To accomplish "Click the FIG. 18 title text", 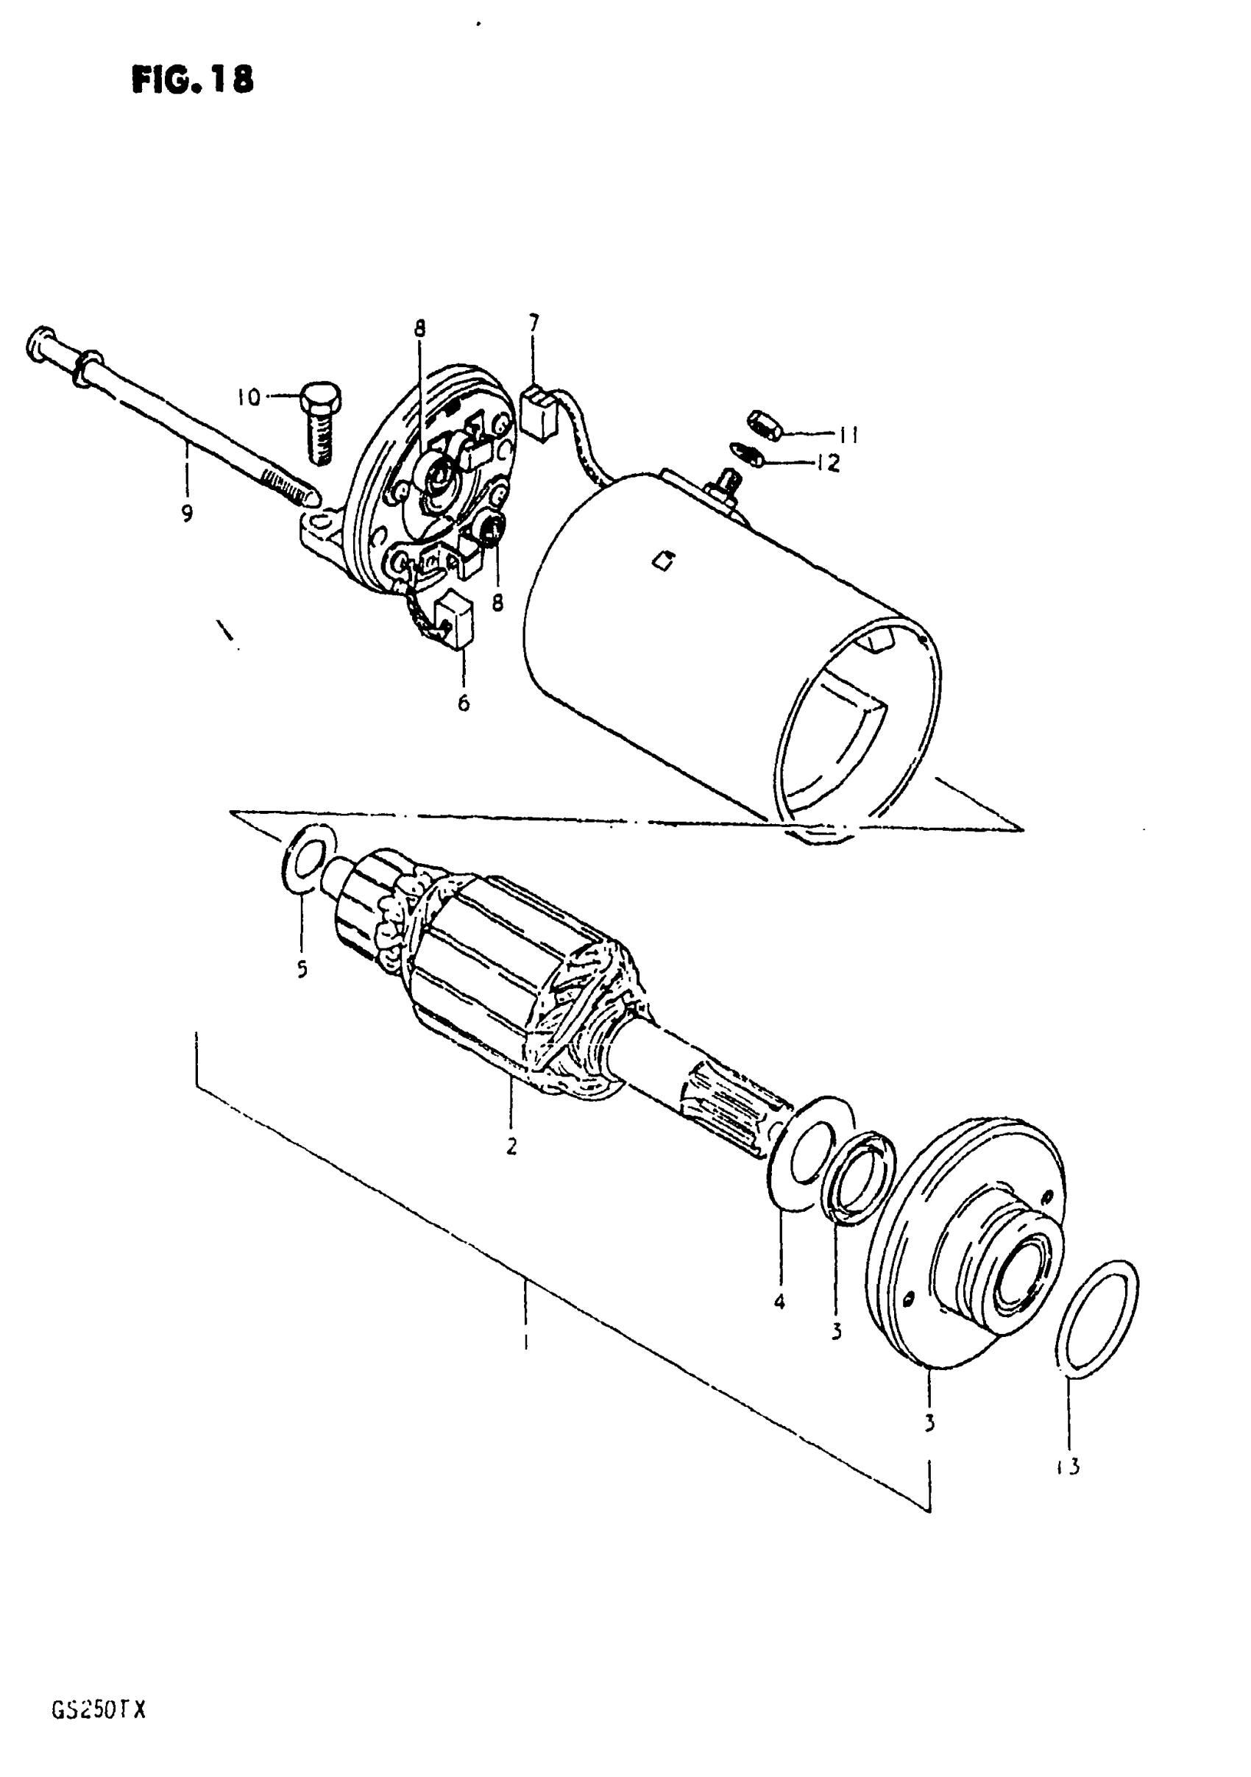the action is click(x=192, y=79).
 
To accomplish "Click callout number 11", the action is click(x=848, y=435).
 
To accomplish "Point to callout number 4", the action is click(x=779, y=1302).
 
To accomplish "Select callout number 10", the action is click(x=249, y=398).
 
